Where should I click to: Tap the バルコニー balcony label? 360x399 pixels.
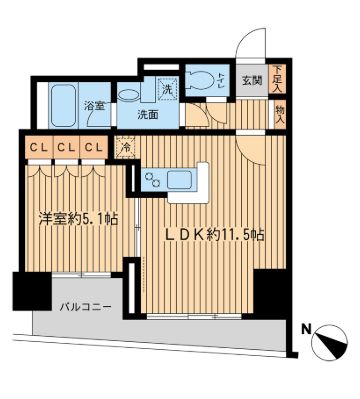click(x=84, y=308)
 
